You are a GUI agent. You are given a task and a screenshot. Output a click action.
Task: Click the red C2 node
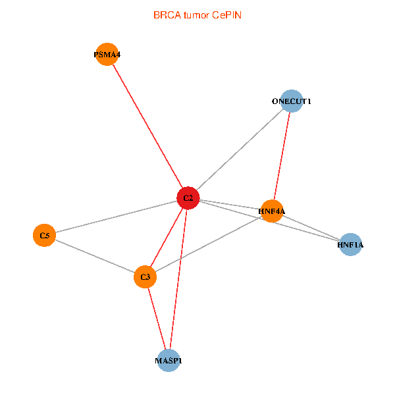point(188,198)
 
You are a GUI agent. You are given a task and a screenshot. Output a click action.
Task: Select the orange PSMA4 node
point(107,55)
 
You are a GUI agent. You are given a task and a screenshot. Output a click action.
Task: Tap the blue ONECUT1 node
point(291,101)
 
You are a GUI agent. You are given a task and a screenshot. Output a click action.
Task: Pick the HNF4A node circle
point(272,211)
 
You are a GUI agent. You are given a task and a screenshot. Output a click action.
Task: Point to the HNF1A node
point(350,245)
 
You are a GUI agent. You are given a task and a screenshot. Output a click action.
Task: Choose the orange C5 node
point(44,235)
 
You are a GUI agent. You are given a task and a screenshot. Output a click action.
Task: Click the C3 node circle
point(145,277)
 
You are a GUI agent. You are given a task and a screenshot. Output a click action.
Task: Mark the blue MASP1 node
point(169,361)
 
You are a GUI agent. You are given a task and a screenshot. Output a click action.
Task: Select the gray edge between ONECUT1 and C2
point(240,150)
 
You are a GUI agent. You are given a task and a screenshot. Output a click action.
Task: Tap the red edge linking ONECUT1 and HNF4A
point(282,156)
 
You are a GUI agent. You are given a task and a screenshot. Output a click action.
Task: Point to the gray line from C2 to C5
point(116,217)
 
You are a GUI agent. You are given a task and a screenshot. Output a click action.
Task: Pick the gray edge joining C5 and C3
point(94,256)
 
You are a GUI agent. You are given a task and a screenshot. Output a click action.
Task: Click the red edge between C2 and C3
point(167,238)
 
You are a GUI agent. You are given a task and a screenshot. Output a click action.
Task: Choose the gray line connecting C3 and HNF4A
point(208,244)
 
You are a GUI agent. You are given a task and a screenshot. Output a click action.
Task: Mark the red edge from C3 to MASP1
point(157,319)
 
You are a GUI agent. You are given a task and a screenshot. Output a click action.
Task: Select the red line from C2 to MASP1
point(178,279)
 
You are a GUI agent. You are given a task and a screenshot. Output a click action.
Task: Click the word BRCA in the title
point(165,14)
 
